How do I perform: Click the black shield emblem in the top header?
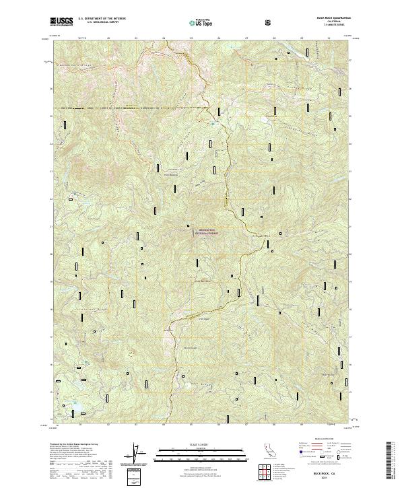269,22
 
